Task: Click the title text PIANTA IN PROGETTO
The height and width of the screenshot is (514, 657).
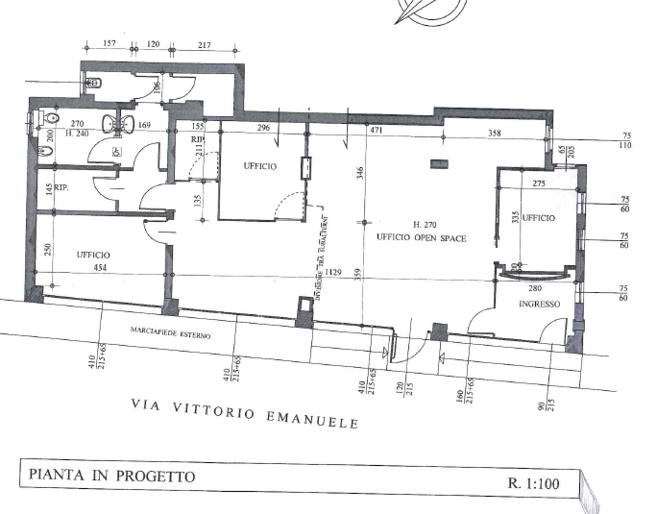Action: pyautogui.click(x=112, y=476)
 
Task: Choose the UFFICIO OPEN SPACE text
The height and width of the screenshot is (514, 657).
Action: pyautogui.click(x=422, y=236)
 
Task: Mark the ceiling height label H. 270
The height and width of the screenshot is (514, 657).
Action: pyautogui.click(x=424, y=223)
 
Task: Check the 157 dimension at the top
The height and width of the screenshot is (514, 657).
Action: pyautogui.click(x=109, y=43)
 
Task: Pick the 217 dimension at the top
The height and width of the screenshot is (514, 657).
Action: pyautogui.click(x=204, y=43)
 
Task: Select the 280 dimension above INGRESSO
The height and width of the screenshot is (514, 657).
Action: pyautogui.click(x=536, y=287)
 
